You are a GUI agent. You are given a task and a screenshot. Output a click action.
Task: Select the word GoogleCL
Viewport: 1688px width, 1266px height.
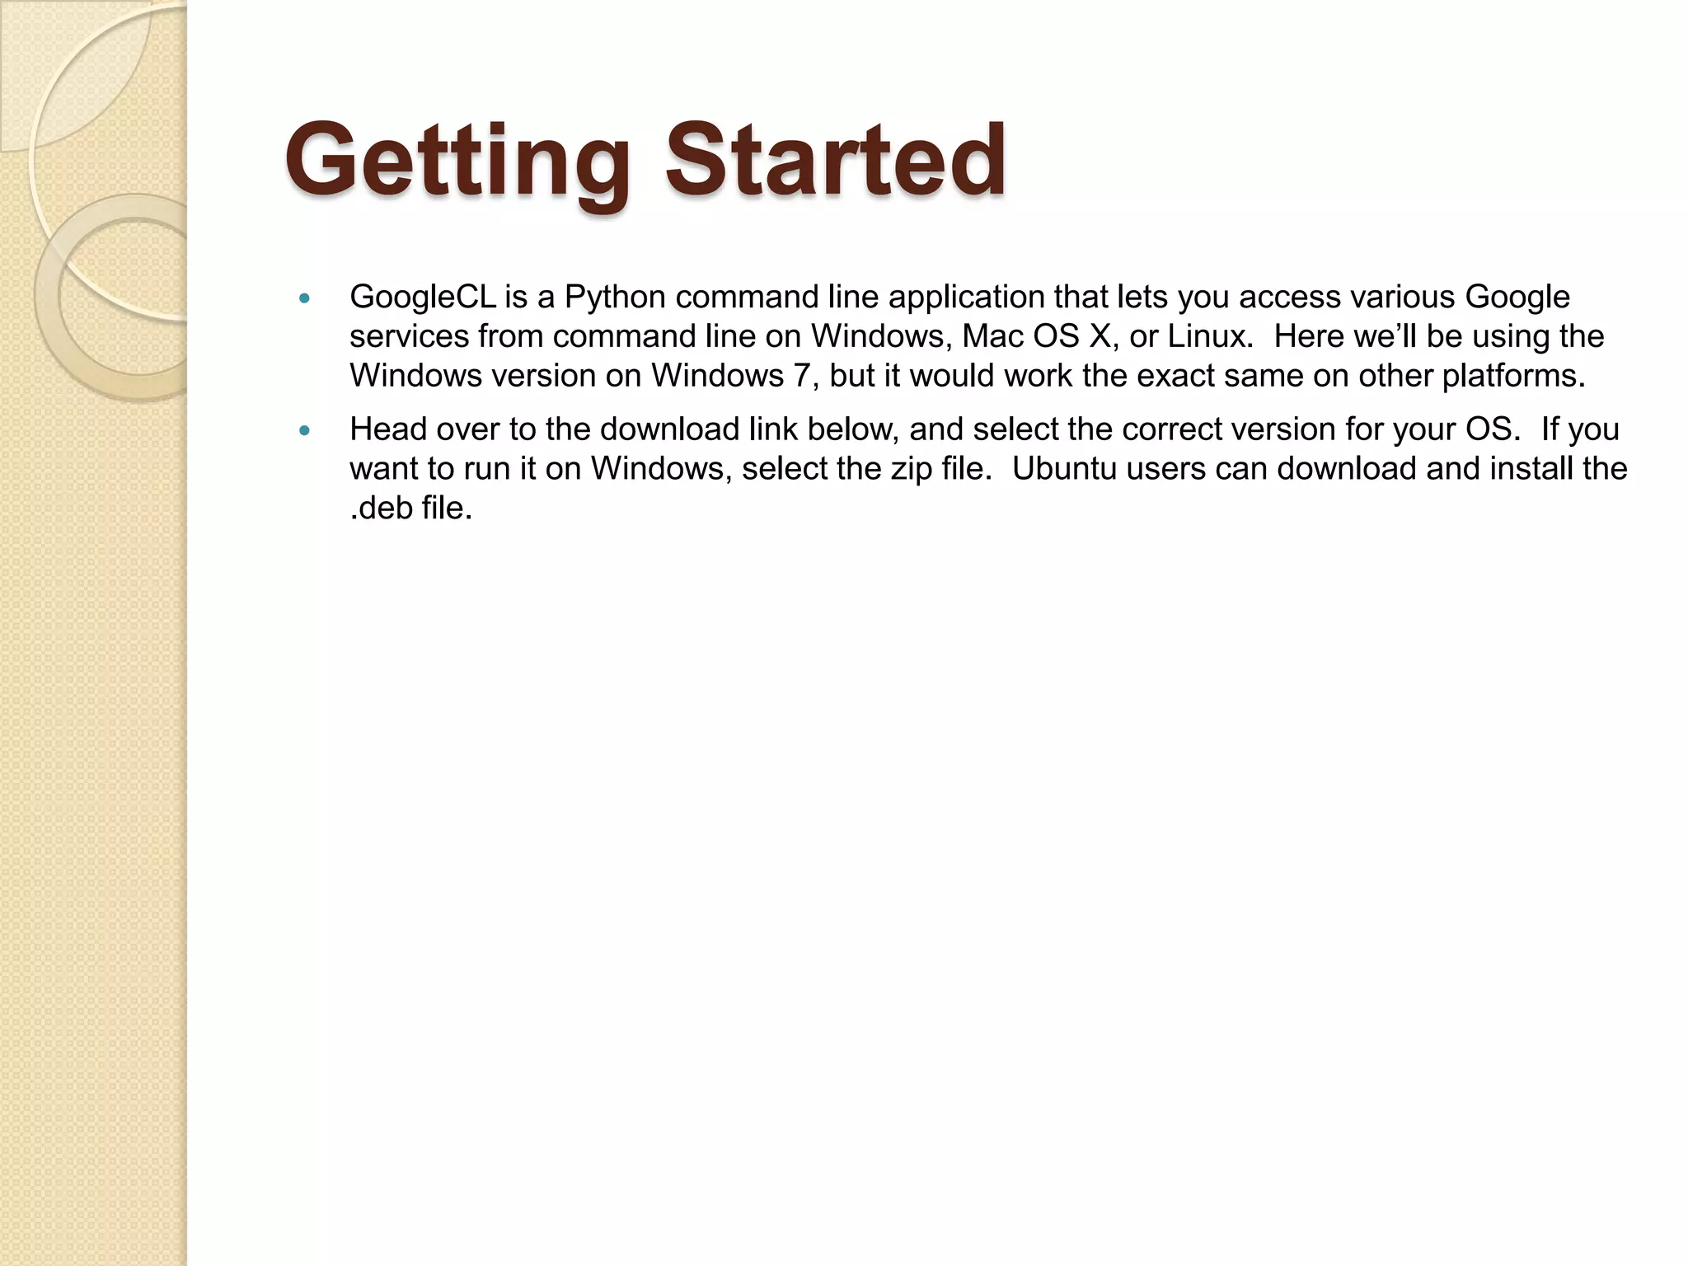click(423, 298)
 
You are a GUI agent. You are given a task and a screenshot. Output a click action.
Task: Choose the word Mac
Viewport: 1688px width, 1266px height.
click(987, 336)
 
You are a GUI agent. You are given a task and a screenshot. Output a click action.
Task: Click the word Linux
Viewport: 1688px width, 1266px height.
click(1209, 336)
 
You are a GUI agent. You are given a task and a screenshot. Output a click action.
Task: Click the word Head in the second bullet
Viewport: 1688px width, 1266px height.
click(387, 429)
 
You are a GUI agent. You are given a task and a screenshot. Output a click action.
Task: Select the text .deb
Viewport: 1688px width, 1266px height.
click(381, 508)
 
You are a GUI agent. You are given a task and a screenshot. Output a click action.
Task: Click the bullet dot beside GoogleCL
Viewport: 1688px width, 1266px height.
click(305, 298)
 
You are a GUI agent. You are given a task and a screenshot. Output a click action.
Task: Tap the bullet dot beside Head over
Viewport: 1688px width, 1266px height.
click(305, 430)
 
